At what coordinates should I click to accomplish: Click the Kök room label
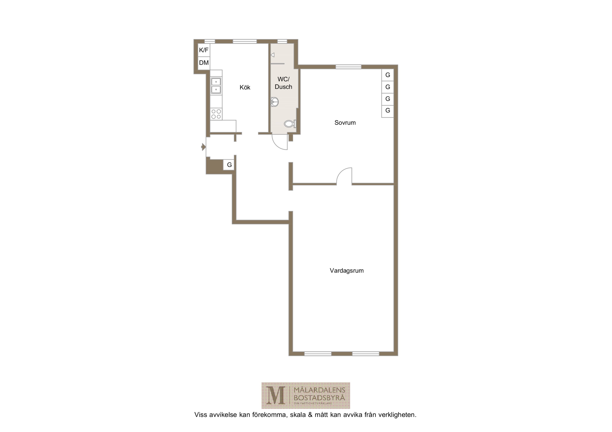tap(245, 87)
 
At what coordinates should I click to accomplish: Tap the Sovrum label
tap(345, 123)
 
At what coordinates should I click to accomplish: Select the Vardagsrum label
tap(347, 271)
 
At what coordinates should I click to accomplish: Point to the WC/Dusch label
tap(283, 83)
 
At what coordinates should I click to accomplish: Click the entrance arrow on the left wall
tap(203, 147)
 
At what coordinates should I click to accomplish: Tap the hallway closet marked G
tap(229, 165)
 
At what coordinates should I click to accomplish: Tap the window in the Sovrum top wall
tap(348, 67)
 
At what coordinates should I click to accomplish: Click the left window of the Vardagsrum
tap(318, 354)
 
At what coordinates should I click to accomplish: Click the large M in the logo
tap(276, 396)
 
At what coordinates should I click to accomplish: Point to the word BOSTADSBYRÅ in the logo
tap(319, 398)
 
